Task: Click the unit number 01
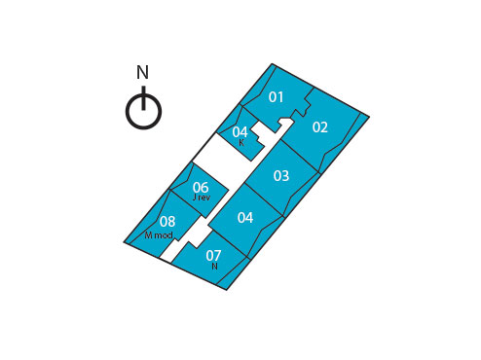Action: coord(277,97)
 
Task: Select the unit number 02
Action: coord(319,127)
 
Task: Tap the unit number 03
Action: coord(280,176)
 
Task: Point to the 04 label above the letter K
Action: coord(240,132)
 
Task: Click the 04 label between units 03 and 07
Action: coord(245,218)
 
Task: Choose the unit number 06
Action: coord(201,188)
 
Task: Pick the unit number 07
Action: coord(213,256)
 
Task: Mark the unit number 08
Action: coord(167,222)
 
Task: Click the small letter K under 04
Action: coord(241,143)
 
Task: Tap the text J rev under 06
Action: coord(201,198)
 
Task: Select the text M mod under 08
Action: coord(159,235)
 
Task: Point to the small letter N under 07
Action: coord(214,267)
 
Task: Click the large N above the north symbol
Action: coord(142,73)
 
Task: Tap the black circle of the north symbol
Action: coord(143,112)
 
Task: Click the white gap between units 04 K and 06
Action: coord(215,153)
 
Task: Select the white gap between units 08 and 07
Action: coord(172,251)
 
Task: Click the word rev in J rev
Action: coord(203,198)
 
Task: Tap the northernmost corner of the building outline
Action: coord(274,64)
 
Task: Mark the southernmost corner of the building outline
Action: coord(227,289)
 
